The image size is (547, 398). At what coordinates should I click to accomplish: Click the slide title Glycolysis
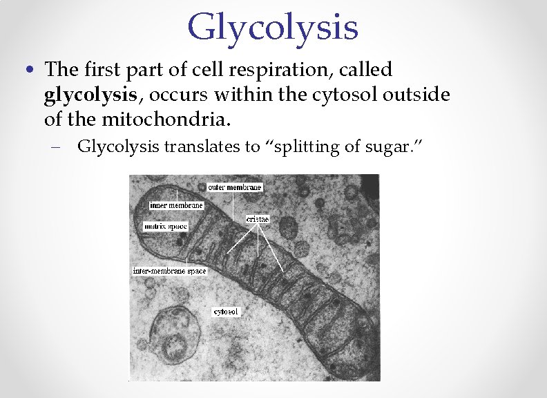point(273,28)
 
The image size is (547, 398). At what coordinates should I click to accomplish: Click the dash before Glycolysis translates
point(61,146)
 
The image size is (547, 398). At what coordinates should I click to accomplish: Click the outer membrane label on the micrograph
point(235,187)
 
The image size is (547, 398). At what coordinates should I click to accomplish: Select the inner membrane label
point(177,205)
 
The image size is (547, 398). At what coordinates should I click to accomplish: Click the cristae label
point(258,219)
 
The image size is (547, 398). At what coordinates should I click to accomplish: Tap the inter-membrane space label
point(169,271)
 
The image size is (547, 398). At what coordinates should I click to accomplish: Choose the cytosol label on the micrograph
point(226,312)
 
